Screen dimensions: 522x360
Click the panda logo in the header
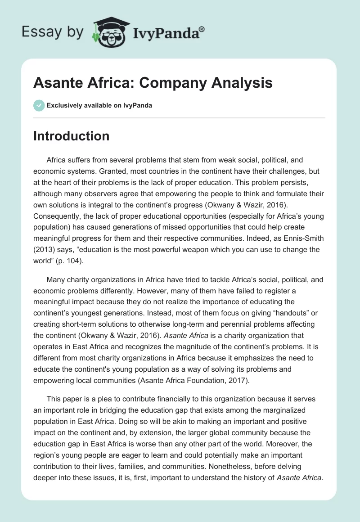(x=110, y=32)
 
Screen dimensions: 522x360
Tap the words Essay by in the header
(x=53, y=32)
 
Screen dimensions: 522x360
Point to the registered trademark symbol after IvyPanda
(x=202, y=29)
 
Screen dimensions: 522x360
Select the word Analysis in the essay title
(x=241, y=83)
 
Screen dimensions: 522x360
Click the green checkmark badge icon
(x=39, y=105)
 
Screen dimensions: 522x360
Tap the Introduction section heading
(x=71, y=136)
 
